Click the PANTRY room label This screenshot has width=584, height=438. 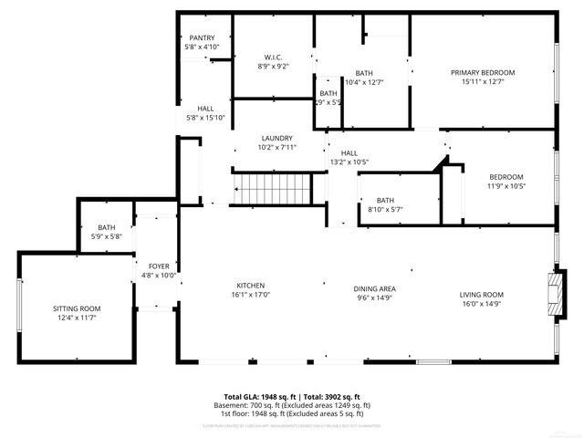coord(202,37)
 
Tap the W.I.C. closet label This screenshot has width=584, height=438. coord(273,57)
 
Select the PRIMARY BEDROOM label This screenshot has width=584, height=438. coord(483,72)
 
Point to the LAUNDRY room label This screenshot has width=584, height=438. coord(276,138)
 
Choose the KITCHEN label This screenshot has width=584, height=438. coord(251,285)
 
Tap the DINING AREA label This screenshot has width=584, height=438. coord(375,288)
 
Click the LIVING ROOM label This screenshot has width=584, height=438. coord(481,294)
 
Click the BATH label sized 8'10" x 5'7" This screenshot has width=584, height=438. coord(385,200)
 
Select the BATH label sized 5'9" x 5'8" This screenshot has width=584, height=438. coord(108,227)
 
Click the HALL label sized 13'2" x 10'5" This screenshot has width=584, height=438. coord(349,152)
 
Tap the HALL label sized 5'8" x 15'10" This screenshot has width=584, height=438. coord(205,108)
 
